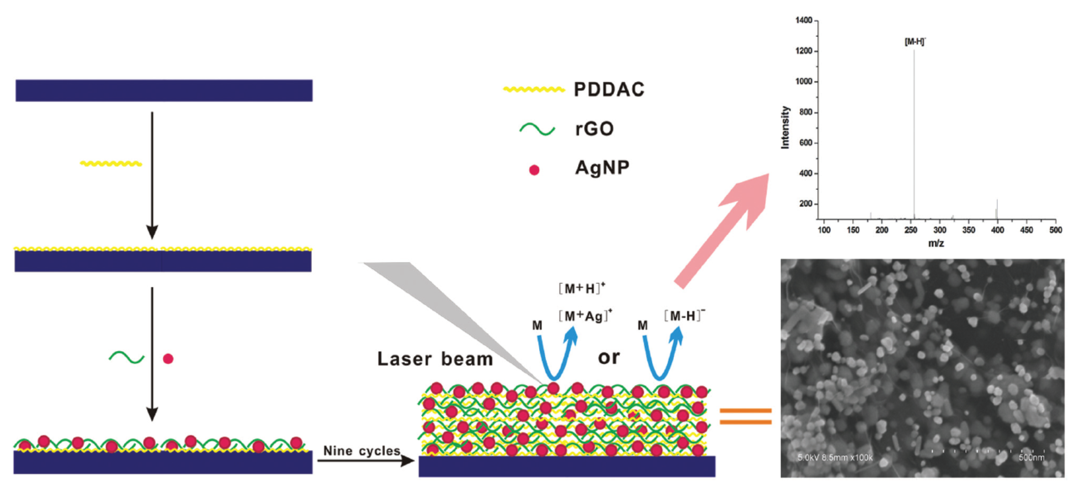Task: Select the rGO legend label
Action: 594,129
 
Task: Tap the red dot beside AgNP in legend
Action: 534,170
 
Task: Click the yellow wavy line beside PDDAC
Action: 533,89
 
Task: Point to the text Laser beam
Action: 435,359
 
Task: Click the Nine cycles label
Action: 361,451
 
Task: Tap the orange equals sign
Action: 745,416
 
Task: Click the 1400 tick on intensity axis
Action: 804,21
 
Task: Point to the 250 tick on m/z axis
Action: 911,230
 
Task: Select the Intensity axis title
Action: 785,127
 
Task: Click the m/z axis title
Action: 936,243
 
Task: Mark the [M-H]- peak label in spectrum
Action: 915,42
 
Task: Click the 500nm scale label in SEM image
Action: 1031,458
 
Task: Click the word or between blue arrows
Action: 608,357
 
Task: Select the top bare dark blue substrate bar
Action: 164,91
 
